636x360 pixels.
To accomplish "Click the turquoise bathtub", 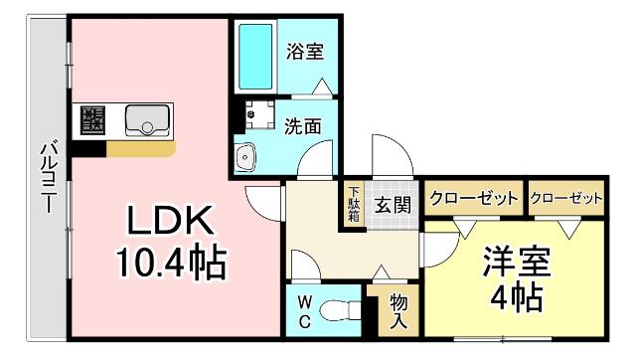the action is pyautogui.click(x=255, y=57).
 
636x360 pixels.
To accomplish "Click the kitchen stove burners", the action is pyautogui.click(x=94, y=121).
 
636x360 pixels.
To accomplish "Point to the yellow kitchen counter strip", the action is pyautogui.click(x=141, y=148).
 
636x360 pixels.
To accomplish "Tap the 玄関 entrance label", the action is pyautogui.click(x=394, y=206).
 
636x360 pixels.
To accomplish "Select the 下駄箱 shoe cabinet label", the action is pyautogui.click(x=354, y=208).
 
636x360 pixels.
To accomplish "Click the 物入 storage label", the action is pyautogui.click(x=398, y=310).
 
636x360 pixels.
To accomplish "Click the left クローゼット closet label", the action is pyautogui.click(x=473, y=198).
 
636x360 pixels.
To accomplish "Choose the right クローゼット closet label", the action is pyautogui.click(x=566, y=198).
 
